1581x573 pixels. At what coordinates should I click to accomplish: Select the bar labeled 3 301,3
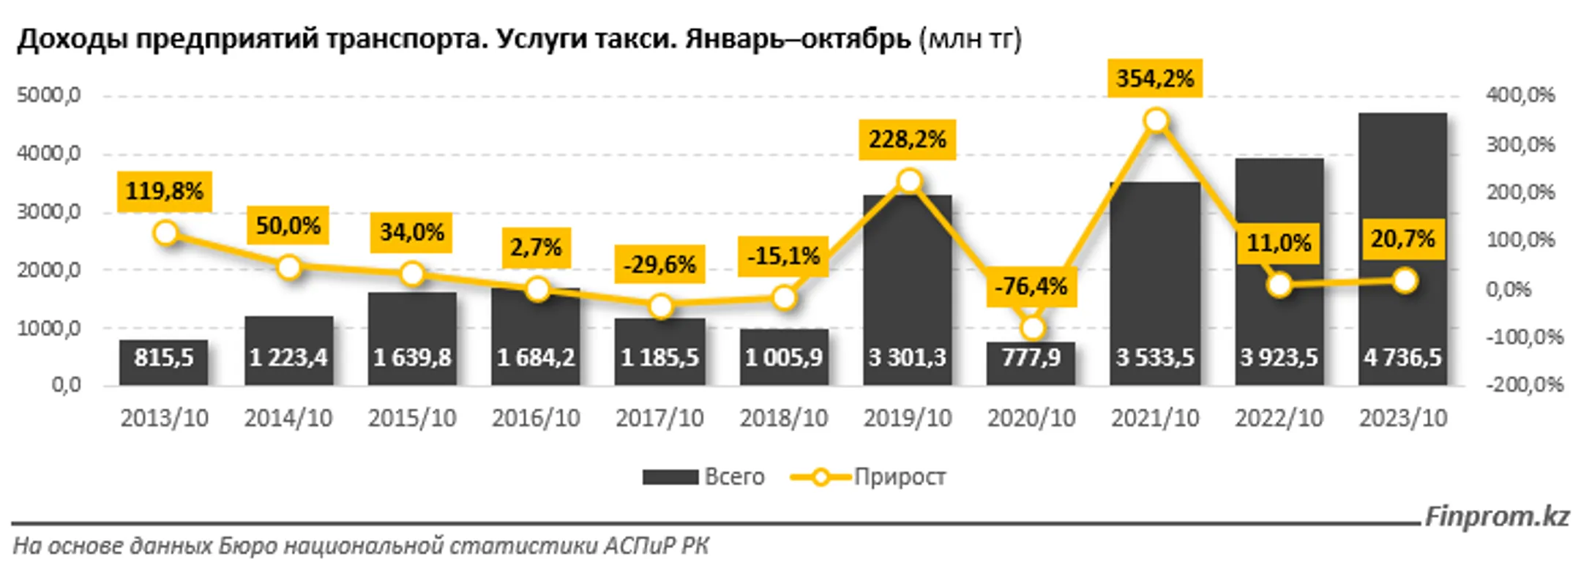coord(908,293)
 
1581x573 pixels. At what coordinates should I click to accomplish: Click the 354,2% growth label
coord(1155,78)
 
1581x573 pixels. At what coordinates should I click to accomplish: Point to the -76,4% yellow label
coord(1031,286)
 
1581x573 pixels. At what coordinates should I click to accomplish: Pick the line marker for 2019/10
coord(909,181)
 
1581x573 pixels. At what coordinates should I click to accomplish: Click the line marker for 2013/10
coord(166,233)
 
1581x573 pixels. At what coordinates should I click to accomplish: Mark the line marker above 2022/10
coord(1279,285)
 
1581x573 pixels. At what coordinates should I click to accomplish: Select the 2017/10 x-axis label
coord(659,419)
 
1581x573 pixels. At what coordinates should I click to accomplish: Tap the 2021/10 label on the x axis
coord(1155,419)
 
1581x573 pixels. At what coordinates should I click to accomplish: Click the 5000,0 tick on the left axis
coord(48,95)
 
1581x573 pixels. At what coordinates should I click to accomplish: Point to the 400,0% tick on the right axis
coord(1520,95)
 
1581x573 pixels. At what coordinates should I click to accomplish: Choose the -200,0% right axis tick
coord(1525,385)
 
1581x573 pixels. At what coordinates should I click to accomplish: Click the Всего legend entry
coord(734,477)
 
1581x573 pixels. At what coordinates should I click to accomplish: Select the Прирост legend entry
coord(900,477)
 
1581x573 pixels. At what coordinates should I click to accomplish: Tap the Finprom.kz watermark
coord(1497,517)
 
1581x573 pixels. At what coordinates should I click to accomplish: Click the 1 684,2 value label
coord(536,358)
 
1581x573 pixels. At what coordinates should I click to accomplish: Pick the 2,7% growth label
coord(536,247)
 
